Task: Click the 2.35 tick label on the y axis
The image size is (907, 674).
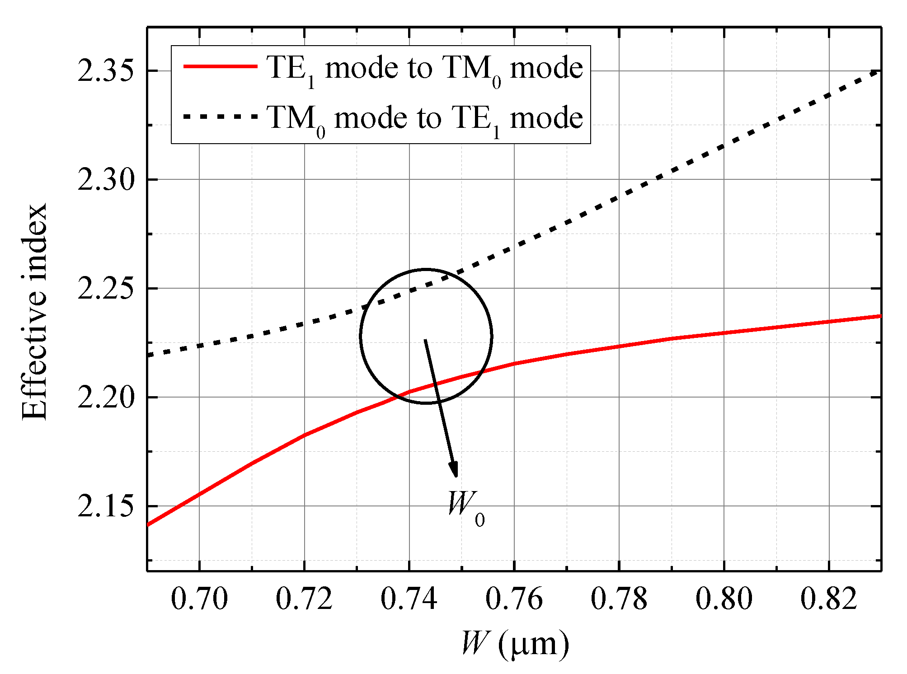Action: click(106, 71)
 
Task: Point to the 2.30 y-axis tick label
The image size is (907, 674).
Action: click(106, 180)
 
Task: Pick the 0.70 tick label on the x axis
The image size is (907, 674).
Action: click(199, 599)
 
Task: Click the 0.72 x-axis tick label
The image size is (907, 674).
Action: click(304, 599)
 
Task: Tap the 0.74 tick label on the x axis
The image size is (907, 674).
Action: click(409, 599)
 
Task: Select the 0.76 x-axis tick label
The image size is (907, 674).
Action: click(514, 599)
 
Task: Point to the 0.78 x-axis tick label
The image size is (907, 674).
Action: click(619, 599)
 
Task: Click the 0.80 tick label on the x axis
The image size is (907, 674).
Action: click(724, 599)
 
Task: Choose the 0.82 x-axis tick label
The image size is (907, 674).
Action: click(829, 599)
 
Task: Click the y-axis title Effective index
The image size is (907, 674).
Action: click(34, 312)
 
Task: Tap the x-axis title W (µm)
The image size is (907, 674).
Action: click(515, 643)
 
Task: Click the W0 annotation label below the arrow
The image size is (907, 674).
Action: click(465, 508)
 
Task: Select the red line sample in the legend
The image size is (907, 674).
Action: click(220, 66)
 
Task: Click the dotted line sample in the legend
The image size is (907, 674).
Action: click(220, 117)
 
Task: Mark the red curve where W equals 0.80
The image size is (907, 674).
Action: click(724, 333)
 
